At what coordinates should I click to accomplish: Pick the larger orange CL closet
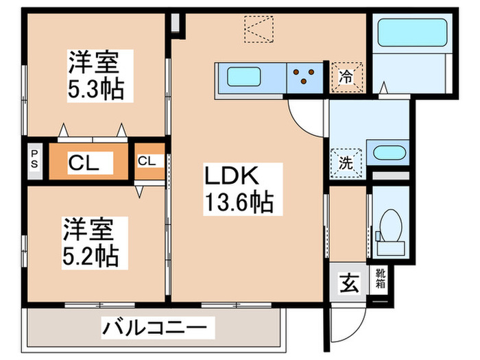(88, 163)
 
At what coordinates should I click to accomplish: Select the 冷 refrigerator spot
(346, 76)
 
